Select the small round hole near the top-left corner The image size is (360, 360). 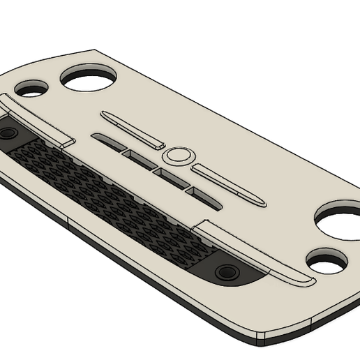pyautogui.click(x=31, y=89)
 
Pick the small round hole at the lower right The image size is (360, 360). pyautogui.click(x=325, y=262)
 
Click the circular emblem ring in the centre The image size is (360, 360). pyautogui.click(x=178, y=155)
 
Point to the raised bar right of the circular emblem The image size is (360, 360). pyautogui.click(x=229, y=185)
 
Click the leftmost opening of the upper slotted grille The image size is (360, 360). pyautogui.click(x=110, y=142)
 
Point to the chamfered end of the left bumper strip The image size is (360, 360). pyautogui.click(x=67, y=142)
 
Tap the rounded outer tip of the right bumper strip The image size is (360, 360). pyautogui.click(x=307, y=282)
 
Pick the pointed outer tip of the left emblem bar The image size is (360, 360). pyautogui.click(x=103, y=112)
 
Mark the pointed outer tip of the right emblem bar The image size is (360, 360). pyautogui.click(x=264, y=204)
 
